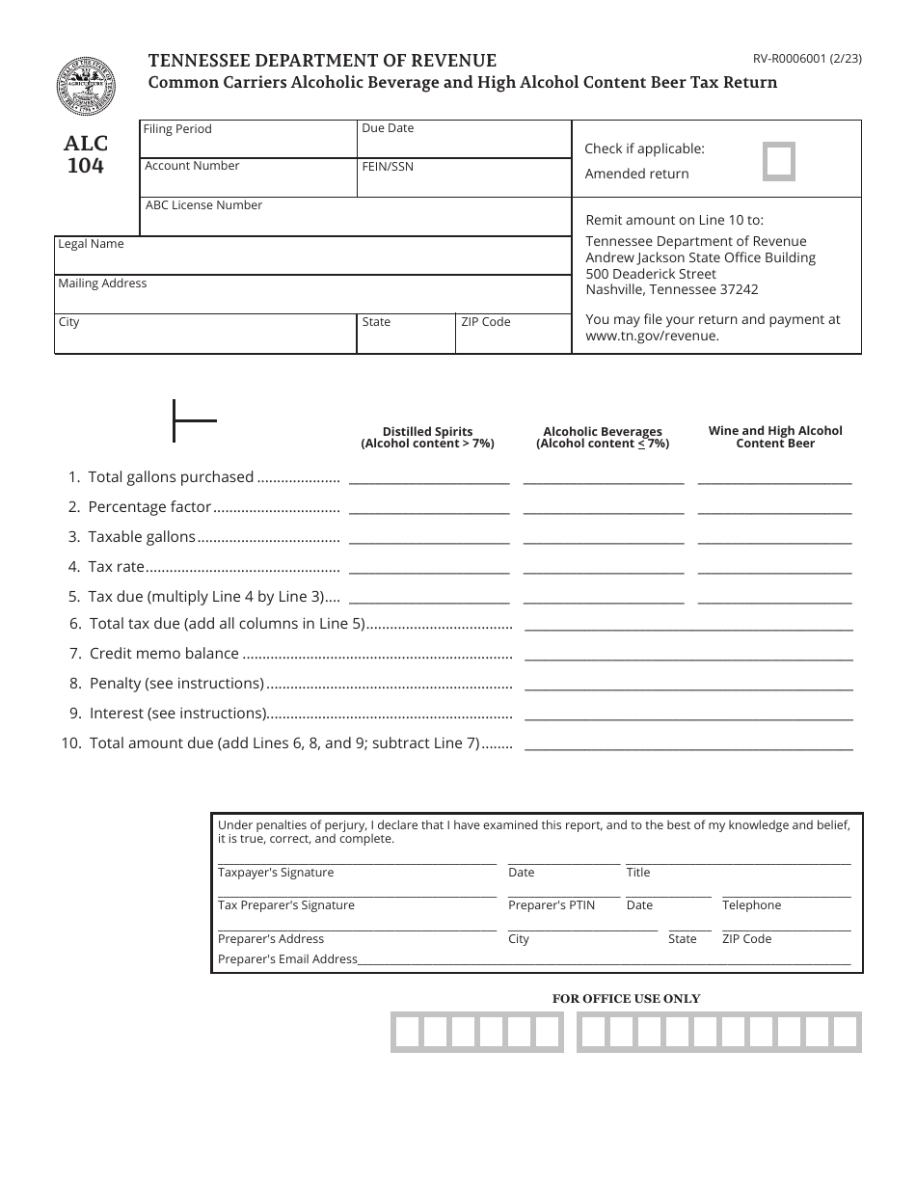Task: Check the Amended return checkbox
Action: click(779, 162)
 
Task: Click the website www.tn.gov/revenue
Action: click(653, 337)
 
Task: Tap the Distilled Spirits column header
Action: click(427, 438)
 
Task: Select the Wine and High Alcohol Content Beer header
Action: click(775, 438)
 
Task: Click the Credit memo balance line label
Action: click(164, 654)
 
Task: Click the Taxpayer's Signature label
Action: click(276, 873)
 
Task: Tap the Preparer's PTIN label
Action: click(552, 905)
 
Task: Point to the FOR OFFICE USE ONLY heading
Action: click(626, 999)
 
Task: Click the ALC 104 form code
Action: click(86, 154)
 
